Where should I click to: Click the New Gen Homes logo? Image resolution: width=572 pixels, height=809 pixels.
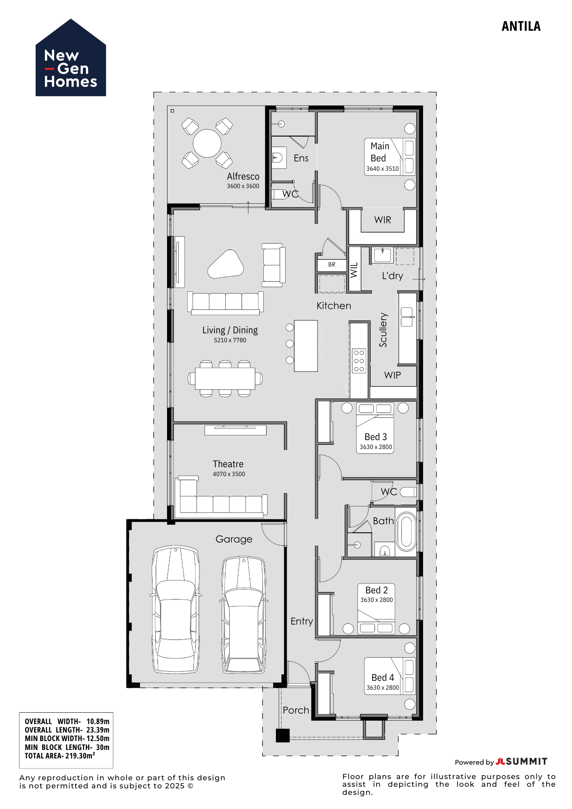71,59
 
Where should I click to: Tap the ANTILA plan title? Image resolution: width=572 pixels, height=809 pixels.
521,27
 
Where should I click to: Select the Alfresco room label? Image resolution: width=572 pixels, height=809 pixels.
243,176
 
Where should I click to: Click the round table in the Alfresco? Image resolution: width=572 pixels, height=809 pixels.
207,143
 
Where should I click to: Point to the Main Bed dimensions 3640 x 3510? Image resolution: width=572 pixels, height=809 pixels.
382,169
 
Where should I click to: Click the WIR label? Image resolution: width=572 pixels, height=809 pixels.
383,220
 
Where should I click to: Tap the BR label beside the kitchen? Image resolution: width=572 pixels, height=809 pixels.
332,265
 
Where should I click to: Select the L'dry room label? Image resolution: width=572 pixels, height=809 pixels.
392,276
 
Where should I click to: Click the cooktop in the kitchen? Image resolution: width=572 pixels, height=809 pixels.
359,361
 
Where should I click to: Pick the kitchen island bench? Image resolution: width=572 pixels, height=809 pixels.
306,346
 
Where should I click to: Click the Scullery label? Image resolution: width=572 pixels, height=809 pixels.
383,330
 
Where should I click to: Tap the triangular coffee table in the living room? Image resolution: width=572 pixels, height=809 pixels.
226,265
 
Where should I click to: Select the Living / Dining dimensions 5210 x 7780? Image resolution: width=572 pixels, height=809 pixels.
230,340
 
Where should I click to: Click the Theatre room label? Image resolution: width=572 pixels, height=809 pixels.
228,464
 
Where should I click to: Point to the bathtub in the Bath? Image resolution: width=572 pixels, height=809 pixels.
406,532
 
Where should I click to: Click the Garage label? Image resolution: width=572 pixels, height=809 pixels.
234,539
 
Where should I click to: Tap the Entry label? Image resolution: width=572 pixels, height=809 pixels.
302,621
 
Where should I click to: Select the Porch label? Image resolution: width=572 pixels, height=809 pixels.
296,710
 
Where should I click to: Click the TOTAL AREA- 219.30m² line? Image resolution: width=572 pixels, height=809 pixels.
60,756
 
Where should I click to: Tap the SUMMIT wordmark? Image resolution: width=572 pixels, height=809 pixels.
526,762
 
